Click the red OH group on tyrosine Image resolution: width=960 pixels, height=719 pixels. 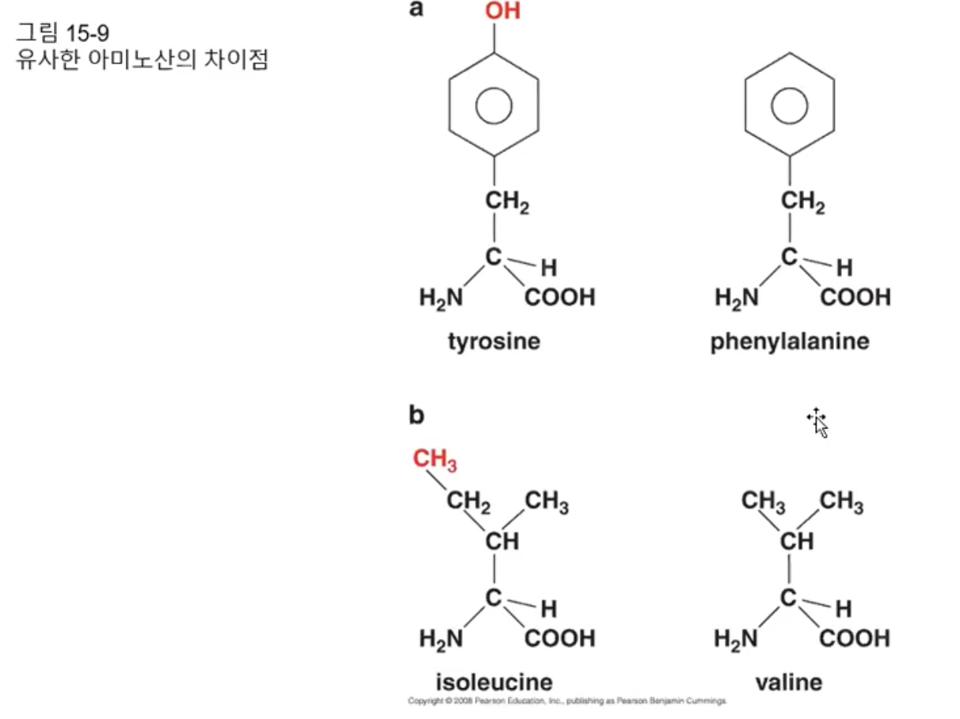pyautogui.click(x=502, y=13)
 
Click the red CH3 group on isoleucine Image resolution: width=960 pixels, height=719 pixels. pyautogui.click(x=435, y=460)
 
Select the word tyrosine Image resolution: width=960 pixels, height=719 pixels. pyautogui.click(x=493, y=342)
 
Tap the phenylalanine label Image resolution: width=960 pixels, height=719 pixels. pyautogui.click(x=789, y=342)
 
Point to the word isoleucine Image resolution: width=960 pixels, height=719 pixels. pyautogui.click(x=494, y=682)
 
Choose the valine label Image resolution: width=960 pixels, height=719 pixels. pyautogui.click(x=788, y=682)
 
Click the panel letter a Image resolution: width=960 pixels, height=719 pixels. pyautogui.click(x=417, y=10)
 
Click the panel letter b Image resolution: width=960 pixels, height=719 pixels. pyautogui.click(x=417, y=415)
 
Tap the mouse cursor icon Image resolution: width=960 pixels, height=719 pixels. pyautogui.click(x=818, y=423)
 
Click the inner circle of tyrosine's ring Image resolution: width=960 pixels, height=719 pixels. pyautogui.click(x=494, y=103)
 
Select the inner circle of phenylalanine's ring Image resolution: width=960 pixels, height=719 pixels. pyautogui.click(x=789, y=103)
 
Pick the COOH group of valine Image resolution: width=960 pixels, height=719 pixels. pyautogui.click(x=855, y=637)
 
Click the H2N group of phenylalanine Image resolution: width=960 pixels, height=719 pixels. pyautogui.click(x=737, y=299)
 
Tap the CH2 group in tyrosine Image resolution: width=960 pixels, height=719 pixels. pyautogui.click(x=507, y=204)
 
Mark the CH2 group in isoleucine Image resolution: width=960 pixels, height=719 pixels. pyautogui.click(x=468, y=501)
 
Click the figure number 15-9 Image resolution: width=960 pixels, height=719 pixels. pyautogui.click(x=86, y=35)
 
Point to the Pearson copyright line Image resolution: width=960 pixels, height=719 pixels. pyautogui.click(x=567, y=702)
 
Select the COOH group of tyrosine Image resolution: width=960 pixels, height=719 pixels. pyautogui.click(x=559, y=299)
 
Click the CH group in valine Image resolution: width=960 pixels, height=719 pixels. pyautogui.click(x=796, y=542)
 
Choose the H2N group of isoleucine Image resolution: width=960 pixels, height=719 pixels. pyautogui.click(x=441, y=638)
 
